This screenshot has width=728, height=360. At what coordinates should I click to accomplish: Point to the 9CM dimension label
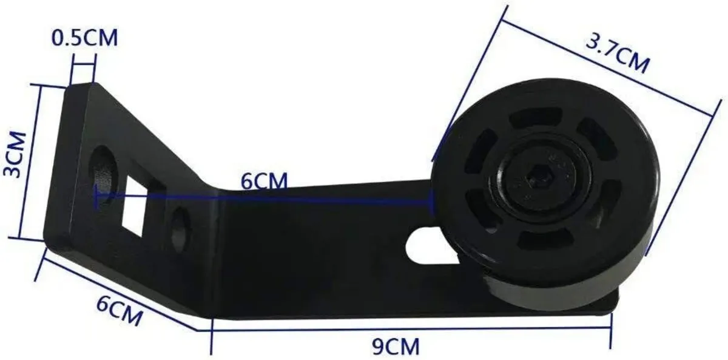[x=396, y=347]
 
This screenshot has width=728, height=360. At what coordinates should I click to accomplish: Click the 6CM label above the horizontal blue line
[x=263, y=182]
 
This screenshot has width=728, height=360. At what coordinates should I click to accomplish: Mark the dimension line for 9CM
[x=413, y=330]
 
